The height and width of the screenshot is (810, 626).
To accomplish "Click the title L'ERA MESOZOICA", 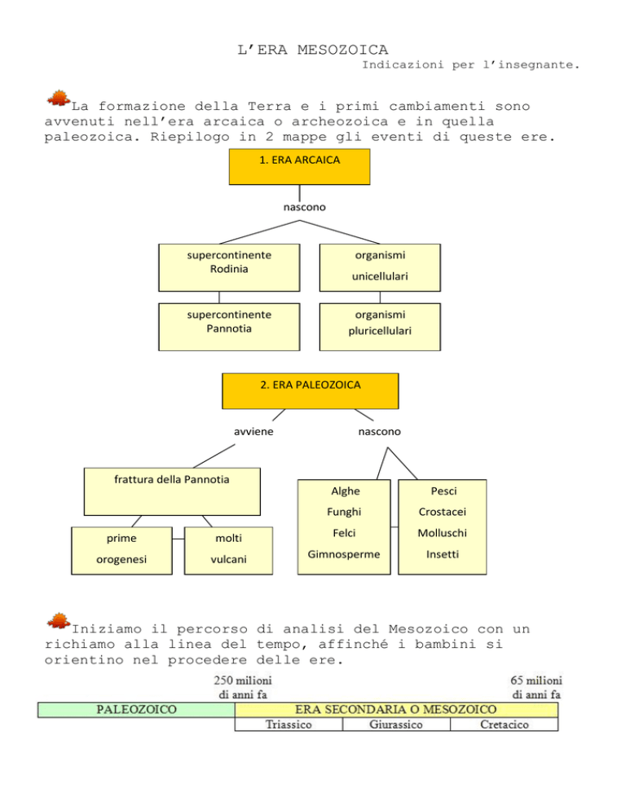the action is pos(312,50).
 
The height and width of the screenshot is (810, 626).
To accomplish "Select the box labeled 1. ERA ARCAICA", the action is pos(299,167).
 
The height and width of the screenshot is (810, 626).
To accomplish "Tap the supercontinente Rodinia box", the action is pos(229,267).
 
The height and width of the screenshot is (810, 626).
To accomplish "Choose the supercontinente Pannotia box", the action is pos(229,327).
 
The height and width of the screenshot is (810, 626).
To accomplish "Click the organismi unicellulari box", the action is pos(380,267).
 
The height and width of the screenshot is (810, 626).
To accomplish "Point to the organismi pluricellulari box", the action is pos(380,327).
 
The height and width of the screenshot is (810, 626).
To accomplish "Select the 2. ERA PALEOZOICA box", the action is pos(311,391).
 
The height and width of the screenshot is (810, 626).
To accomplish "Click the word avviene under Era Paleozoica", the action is pos(253,431).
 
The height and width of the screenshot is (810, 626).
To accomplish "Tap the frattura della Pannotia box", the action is pos(172,491).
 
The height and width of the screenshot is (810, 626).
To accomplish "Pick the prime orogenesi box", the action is pos(121,551).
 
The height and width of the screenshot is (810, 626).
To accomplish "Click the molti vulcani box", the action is pos(228,551).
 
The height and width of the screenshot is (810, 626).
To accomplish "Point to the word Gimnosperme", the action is pos(344,554).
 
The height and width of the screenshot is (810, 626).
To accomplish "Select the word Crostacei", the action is pos(443,512).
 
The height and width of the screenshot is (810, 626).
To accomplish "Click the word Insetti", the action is pos(443,554).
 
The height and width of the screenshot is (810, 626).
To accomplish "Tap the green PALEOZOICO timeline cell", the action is pos(136,710).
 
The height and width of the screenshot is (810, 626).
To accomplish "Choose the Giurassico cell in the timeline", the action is pos(396,724).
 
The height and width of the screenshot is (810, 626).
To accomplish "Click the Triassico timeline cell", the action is pos(289,724).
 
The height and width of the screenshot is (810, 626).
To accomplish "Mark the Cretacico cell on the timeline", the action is pos(504,724).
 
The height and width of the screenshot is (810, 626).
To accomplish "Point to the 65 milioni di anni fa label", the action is pos(536,688).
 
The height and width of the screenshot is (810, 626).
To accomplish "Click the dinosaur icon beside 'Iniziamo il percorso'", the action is pos(59,622).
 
